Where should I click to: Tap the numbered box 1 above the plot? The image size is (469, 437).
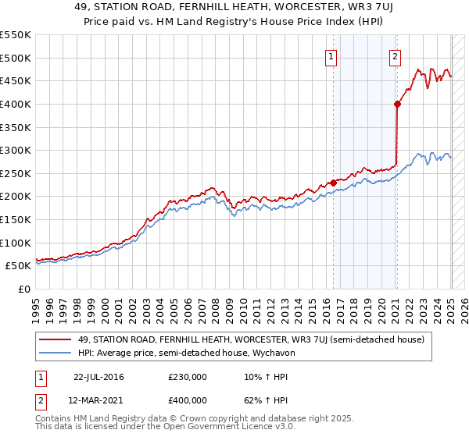click(x=331, y=56)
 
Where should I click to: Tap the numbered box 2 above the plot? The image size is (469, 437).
click(x=395, y=56)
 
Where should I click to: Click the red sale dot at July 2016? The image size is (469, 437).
click(x=334, y=183)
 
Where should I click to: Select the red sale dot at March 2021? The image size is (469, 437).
click(x=397, y=104)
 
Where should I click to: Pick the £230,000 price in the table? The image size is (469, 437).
click(x=188, y=377)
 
